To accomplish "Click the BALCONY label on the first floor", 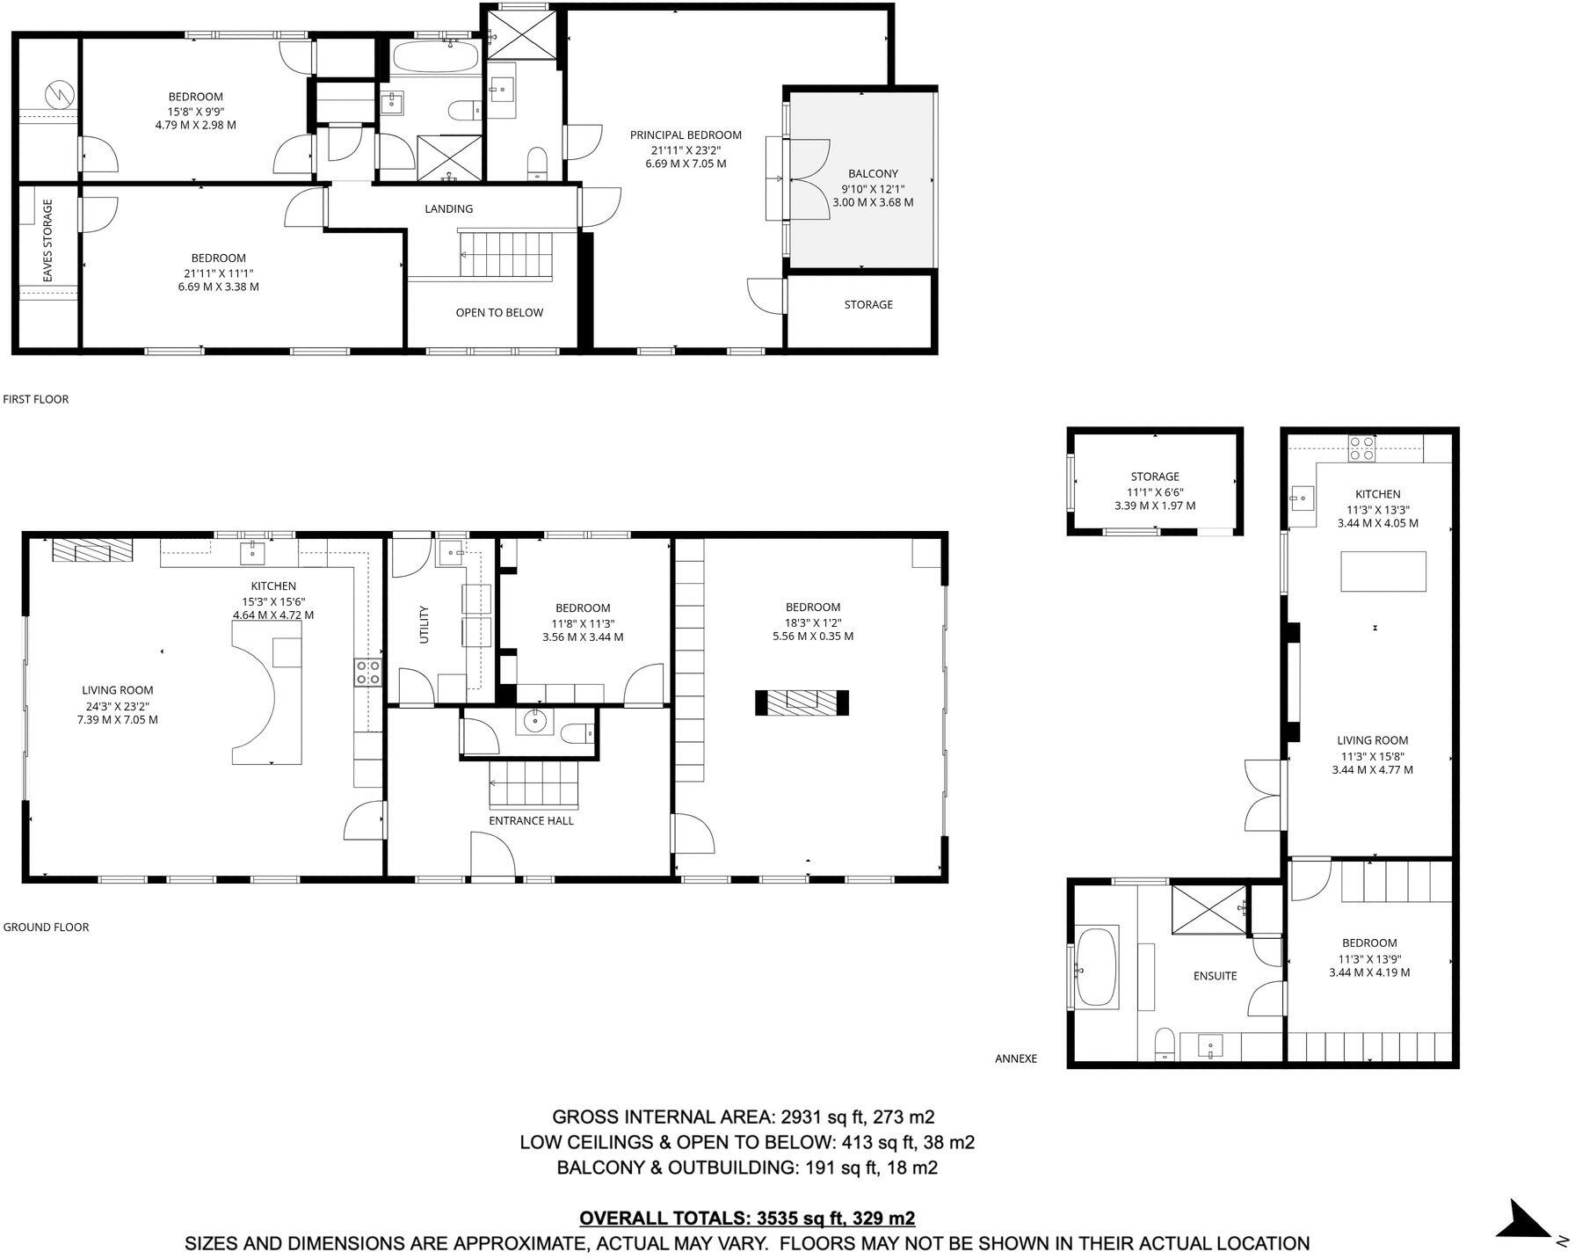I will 872,174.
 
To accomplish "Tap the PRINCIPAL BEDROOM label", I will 686,135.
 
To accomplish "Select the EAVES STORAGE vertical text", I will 48,240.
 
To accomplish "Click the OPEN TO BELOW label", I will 499,312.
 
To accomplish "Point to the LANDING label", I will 448,209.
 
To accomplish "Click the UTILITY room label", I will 425,624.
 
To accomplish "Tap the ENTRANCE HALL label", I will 531,820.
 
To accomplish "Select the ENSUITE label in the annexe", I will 1215,976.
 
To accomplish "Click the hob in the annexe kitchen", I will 1361,448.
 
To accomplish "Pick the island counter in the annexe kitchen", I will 1383,571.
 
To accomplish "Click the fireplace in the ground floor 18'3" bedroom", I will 802,702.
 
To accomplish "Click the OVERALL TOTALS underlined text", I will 747,1219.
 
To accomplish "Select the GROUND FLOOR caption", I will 46,927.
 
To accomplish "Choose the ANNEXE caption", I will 1015,1059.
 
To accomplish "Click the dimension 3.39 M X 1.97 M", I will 1155,506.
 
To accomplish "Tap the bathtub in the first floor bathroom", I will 435,58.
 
